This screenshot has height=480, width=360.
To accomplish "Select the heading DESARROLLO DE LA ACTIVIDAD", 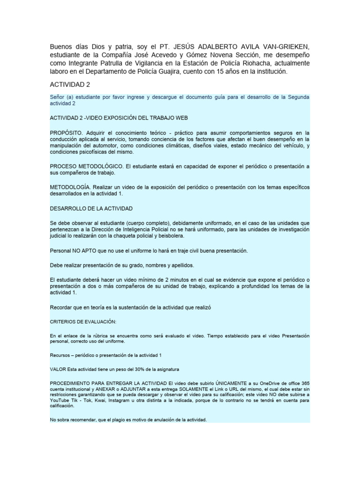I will [91, 208].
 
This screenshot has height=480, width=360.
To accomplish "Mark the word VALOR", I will [58, 369].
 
